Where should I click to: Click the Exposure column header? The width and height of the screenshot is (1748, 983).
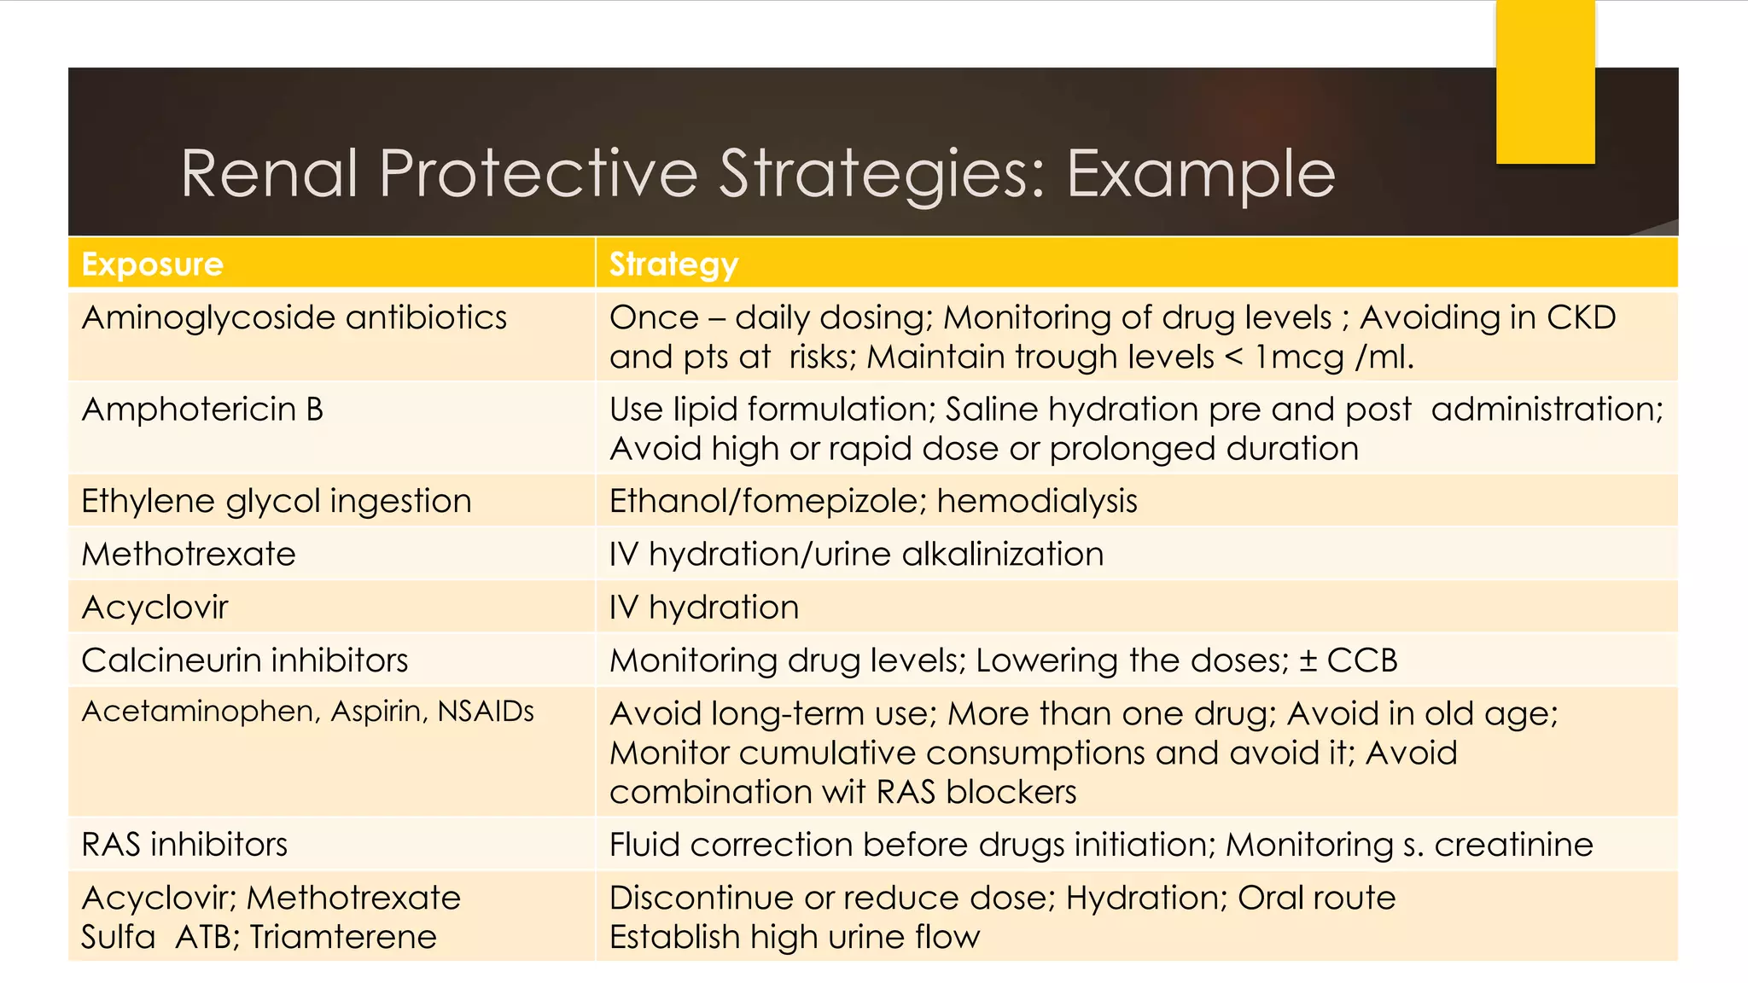pyautogui.click(x=152, y=265)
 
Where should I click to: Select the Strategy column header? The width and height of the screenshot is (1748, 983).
pyautogui.click(x=673, y=265)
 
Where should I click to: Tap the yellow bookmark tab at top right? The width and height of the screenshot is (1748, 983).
pyautogui.click(x=1545, y=81)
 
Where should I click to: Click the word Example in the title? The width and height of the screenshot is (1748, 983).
pyautogui.click(x=1201, y=175)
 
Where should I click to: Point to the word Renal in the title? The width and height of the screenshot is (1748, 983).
pyautogui.click(x=269, y=174)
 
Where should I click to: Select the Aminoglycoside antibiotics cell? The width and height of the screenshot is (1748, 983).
pyautogui.click(x=294, y=318)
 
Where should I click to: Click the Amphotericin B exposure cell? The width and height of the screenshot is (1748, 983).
pyautogui.click(x=203, y=410)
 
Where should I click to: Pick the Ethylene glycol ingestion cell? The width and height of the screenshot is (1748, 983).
pyautogui.click(x=276, y=501)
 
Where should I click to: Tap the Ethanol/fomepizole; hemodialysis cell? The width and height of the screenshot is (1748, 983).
pyautogui.click(x=873, y=501)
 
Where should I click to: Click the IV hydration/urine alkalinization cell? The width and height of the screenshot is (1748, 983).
pyautogui.click(x=856, y=555)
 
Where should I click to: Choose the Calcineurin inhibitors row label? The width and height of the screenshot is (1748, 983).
pyautogui.click(x=245, y=660)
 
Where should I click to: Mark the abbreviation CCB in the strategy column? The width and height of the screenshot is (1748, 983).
pyautogui.click(x=1362, y=660)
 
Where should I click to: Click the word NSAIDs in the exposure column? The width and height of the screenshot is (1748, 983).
pyautogui.click(x=486, y=711)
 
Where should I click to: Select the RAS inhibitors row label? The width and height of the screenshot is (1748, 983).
pyautogui.click(x=184, y=845)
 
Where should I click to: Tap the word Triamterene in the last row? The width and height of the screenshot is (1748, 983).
pyautogui.click(x=343, y=937)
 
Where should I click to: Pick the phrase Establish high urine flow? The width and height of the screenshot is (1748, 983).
pyautogui.click(x=795, y=937)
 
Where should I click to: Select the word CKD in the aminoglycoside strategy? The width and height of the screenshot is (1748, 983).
pyautogui.click(x=1581, y=317)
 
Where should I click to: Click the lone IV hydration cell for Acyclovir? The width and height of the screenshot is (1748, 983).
pyautogui.click(x=704, y=608)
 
